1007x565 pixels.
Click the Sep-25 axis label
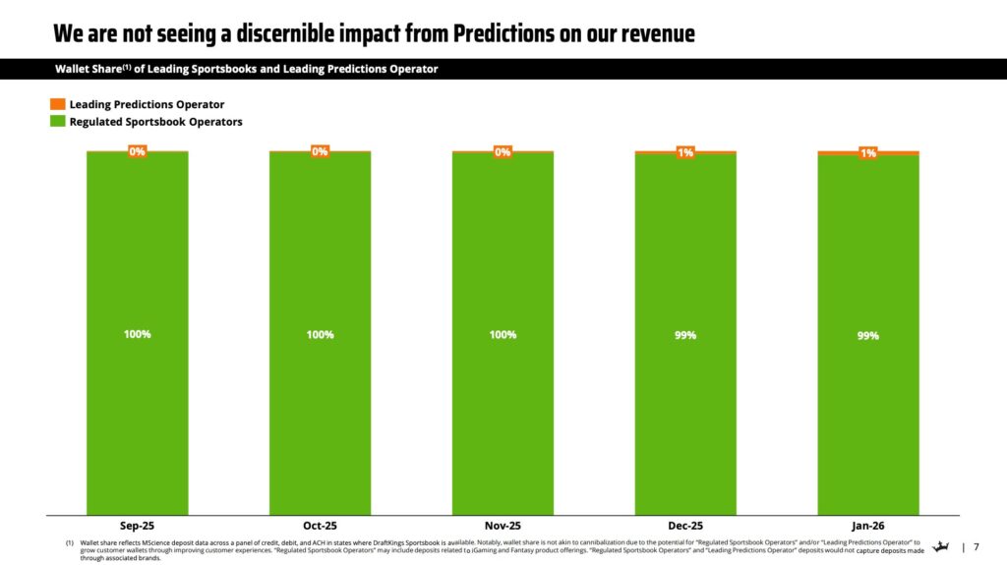pyautogui.click(x=137, y=526)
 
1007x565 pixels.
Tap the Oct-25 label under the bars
pyautogui.click(x=320, y=526)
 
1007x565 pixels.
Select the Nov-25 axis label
pyautogui.click(x=503, y=526)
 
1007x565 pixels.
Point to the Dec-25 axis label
pyautogui.click(x=685, y=526)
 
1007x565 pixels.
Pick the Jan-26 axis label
pyautogui.click(x=867, y=526)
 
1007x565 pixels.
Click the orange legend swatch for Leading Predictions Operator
pyautogui.click(x=58, y=104)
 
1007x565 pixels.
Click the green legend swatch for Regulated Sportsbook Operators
pyautogui.click(x=58, y=122)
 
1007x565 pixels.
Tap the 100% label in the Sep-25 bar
pyautogui.click(x=137, y=334)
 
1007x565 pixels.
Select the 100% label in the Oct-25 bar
pyautogui.click(x=320, y=334)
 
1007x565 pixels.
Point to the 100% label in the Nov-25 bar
pyautogui.click(x=503, y=334)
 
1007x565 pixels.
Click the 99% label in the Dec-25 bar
pyautogui.click(x=685, y=335)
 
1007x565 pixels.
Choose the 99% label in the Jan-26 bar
pyautogui.click(x=867, y=335)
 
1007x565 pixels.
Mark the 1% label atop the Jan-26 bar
pyautogui.click(x=868, y=153)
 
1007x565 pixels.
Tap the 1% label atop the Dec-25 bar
pyautogui.click(x=685, y=152)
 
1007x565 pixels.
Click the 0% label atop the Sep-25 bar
pyautogui.click(x=137, y=151)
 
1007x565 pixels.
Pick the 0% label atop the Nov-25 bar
pyautogui.click(x=503, y=151)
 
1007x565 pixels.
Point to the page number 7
pyautogui.click(x=977, y=547)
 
